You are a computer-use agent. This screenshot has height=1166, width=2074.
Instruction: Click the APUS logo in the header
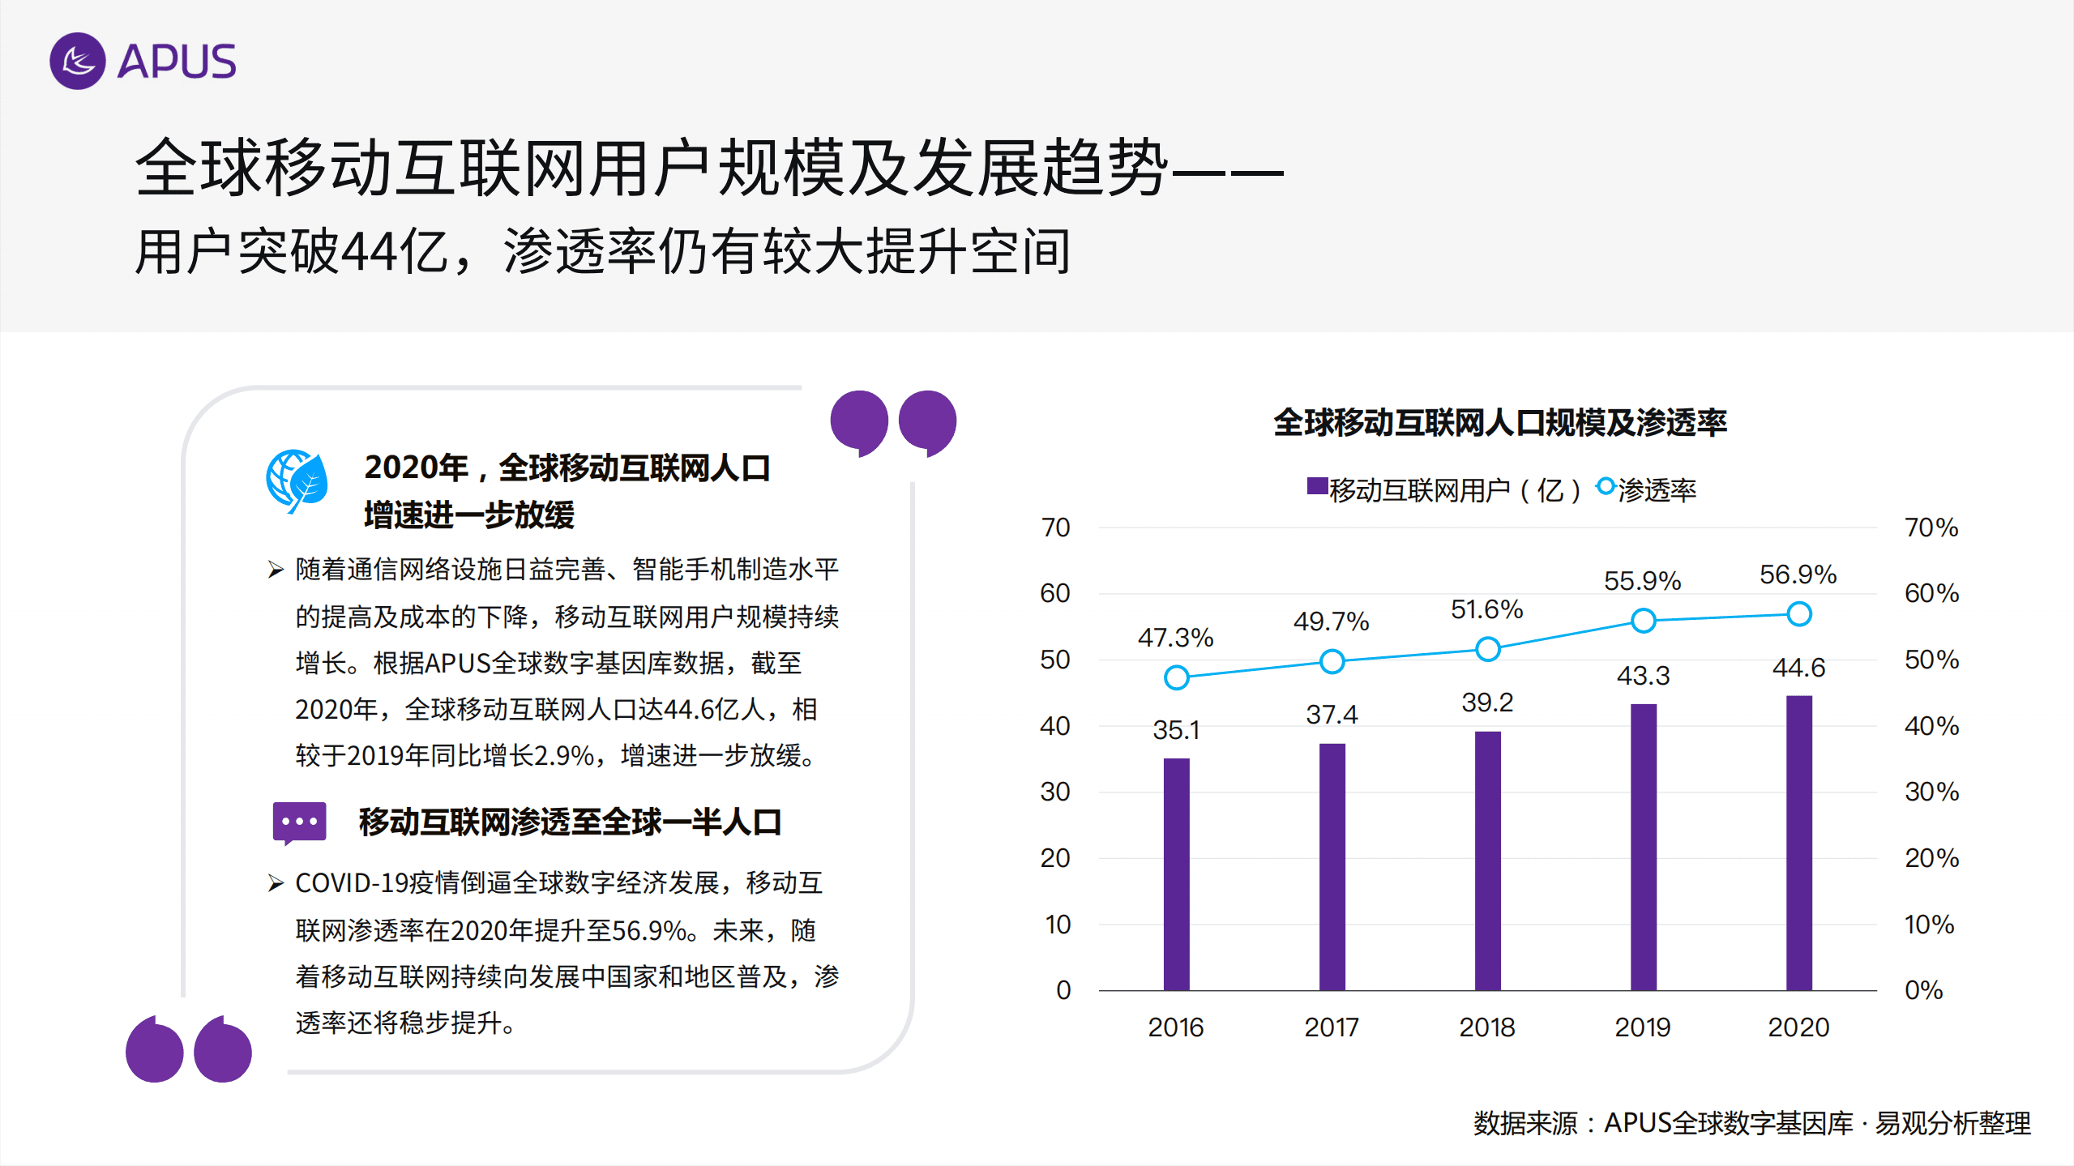143,62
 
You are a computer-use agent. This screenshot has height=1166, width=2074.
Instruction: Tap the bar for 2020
1798,843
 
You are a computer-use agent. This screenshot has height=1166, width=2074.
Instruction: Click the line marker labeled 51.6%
1487,649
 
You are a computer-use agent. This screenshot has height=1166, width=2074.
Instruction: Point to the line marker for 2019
1643,621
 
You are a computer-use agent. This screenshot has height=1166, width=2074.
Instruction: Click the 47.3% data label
1175,638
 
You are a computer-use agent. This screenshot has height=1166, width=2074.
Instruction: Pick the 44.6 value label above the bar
1798,668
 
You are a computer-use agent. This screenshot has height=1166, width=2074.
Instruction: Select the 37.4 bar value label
1332,715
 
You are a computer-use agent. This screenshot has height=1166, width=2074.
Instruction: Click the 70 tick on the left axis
1055,527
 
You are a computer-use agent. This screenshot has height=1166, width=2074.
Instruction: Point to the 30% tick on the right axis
1931,792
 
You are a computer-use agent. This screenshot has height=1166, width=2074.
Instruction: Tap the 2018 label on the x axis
1487,1027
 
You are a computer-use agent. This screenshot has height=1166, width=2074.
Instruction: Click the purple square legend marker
1317,486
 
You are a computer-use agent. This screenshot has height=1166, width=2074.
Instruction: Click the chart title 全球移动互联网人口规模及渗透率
1500,423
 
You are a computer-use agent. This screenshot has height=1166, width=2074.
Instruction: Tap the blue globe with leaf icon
297,480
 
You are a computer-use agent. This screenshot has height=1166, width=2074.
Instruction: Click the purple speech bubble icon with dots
299,822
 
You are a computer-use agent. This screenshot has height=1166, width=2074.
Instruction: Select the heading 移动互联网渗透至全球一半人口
570,822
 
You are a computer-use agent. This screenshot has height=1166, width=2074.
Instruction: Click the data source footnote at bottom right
1751,1123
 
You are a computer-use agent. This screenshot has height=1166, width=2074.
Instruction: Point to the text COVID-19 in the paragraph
352,883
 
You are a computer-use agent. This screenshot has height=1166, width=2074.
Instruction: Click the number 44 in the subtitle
369,252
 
